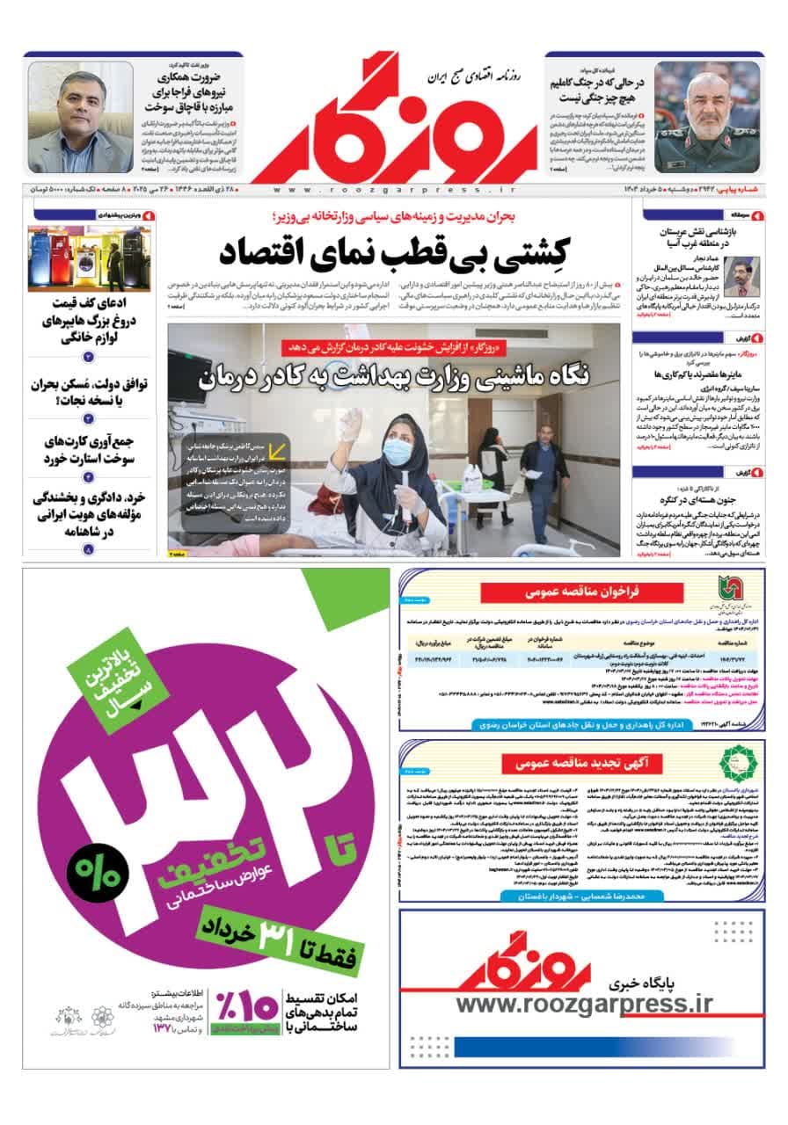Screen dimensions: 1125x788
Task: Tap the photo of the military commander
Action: click(707, 116)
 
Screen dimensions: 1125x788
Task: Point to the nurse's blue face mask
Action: click(397, 452)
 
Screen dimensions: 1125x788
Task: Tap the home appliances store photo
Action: click(89, 258)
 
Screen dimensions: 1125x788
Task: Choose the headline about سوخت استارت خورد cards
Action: click(90, 448)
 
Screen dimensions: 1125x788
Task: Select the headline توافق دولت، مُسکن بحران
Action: click(90, 394)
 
